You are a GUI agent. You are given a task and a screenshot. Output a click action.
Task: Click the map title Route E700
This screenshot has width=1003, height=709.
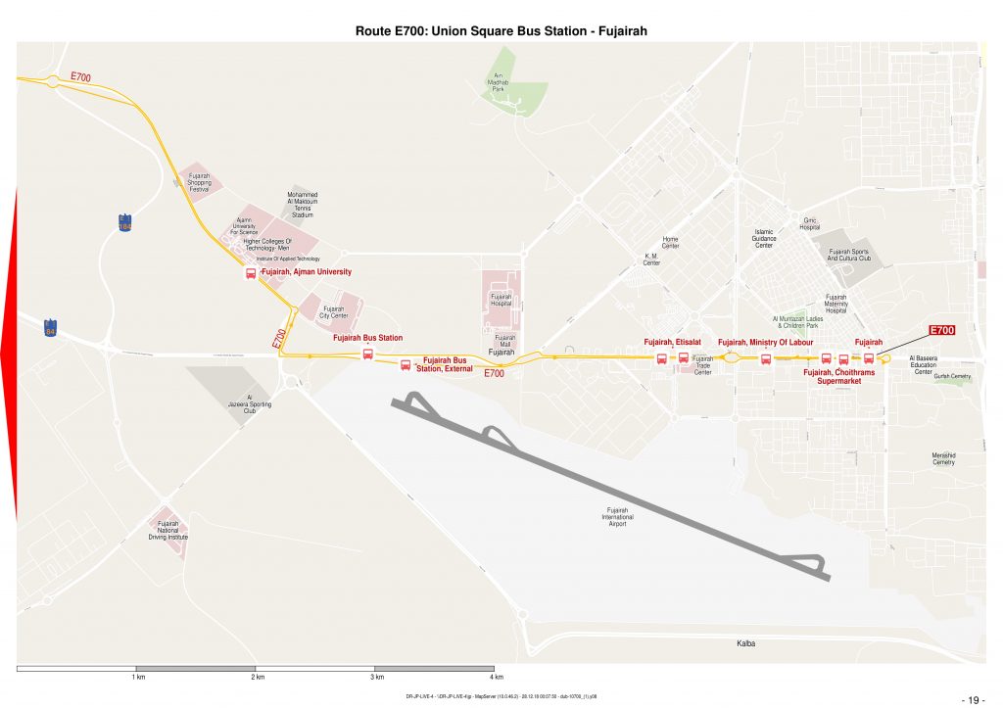(501, 31)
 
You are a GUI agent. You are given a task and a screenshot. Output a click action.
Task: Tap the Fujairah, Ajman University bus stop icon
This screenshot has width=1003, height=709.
(251, 273)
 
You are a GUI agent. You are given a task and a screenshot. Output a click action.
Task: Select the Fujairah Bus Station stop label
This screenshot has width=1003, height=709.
(367, 338)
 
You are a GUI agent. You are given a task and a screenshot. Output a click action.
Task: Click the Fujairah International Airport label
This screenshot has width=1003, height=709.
(618, 517)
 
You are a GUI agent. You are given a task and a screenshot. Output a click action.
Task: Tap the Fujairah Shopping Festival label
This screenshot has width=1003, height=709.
(199, 181)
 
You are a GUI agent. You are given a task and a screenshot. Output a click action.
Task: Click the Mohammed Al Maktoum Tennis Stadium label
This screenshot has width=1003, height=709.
(303, 204)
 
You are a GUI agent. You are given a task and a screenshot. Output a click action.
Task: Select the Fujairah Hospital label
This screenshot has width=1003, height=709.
(501, 301)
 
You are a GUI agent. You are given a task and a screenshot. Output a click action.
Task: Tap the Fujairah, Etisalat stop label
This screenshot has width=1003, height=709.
(671, 342)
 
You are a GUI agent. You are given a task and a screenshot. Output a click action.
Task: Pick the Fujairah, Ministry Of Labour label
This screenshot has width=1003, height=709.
(766, 342)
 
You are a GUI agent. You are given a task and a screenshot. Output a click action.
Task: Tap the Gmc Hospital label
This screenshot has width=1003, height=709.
(809, 223)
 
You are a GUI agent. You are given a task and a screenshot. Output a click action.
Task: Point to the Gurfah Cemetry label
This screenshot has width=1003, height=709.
(951, 376)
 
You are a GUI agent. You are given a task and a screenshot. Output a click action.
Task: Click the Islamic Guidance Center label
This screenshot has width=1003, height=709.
(764, 238)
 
